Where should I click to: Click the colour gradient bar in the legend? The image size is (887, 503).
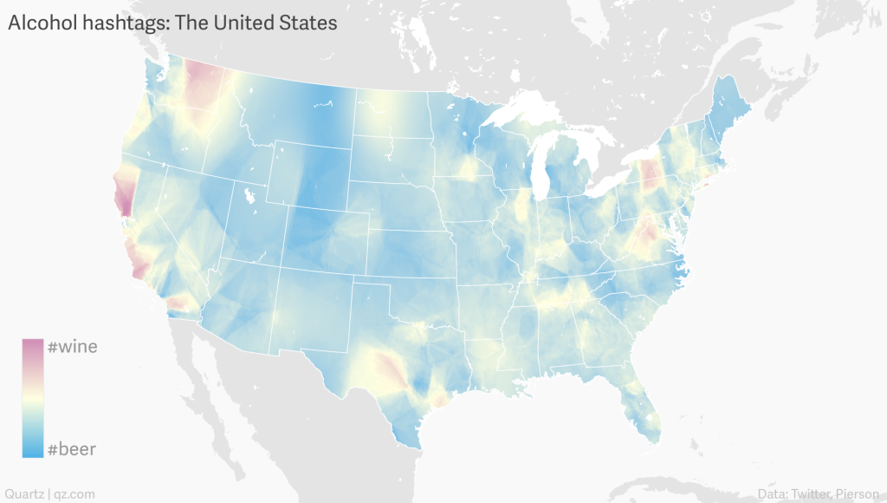pos(33,398)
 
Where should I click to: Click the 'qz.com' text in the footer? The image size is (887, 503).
pos(74,493)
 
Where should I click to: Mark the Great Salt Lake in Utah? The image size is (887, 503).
pos(251,196)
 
